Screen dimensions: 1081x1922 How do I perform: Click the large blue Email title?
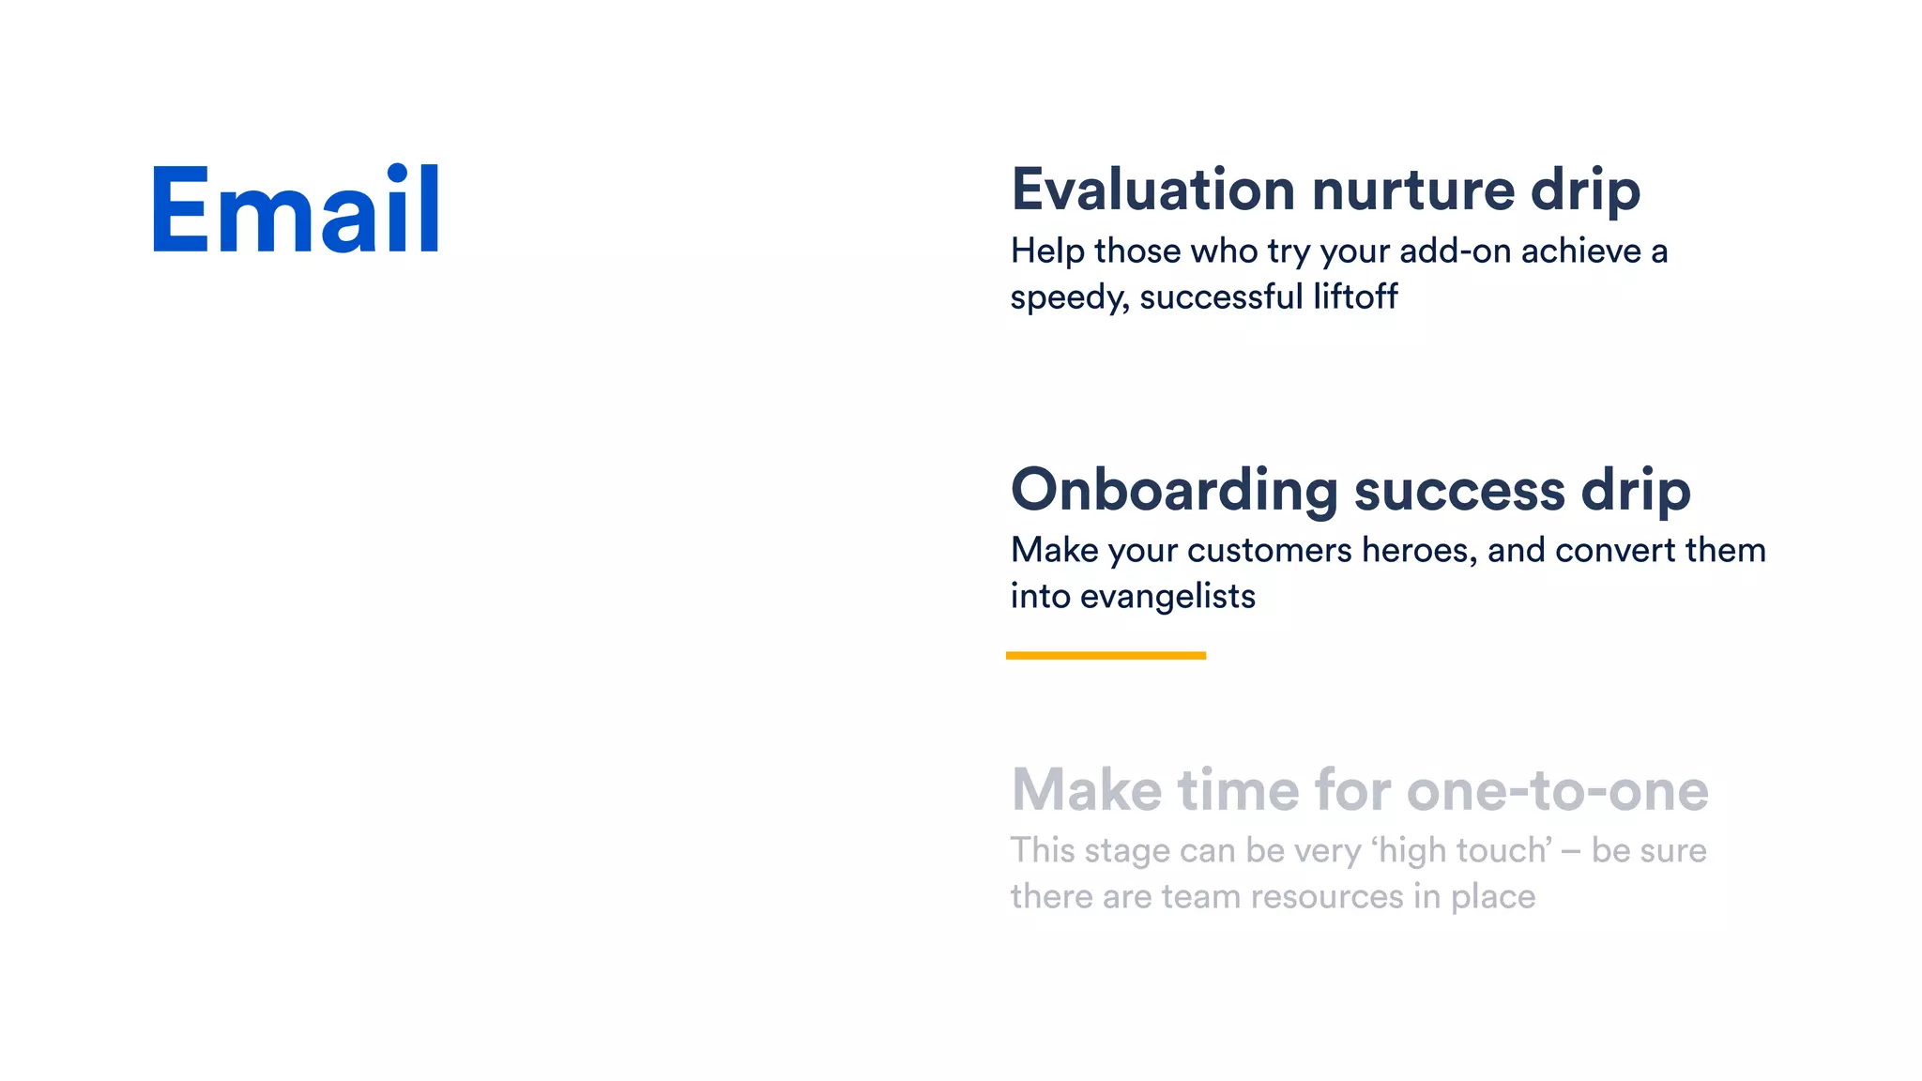(x=295, y=210)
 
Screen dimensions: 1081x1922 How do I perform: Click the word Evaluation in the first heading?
(x=1152, y=190)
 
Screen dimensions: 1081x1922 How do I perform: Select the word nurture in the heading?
(x=1412, y=190)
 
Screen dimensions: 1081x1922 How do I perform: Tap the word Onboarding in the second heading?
(x=1174, y=490)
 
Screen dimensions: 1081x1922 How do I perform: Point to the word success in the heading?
(x=1459, y=490)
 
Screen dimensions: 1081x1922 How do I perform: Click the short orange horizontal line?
(x=1106, y=655)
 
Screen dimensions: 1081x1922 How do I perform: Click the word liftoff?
(x=1354, y=297)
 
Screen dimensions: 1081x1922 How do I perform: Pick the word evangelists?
(x=1167, y=596)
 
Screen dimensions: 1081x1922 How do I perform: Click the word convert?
(x=1614, y=550)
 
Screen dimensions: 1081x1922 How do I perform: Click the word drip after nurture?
(x=1585, y=191)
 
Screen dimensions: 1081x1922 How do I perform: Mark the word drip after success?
(x=1635, y=492)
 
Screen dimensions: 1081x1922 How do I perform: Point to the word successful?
(x=1221, y=297)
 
